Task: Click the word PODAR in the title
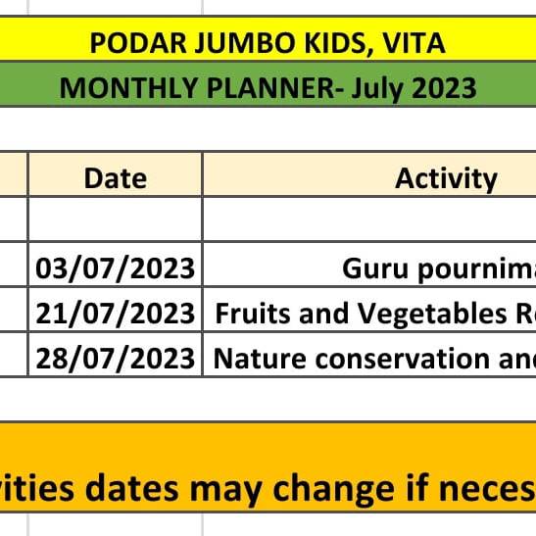click(138, 43)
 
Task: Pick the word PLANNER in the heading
click(270, 88)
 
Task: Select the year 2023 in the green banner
click(443, 88)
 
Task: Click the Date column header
click(116, 178)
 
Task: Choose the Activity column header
click(446, 179)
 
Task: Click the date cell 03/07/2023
click(116, 268)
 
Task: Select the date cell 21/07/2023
click(116, 314)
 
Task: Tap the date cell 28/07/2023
click(116, 359)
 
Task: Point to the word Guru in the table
click(375, 268)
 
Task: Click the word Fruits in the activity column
click(255, 314)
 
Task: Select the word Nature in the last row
click(260, 359)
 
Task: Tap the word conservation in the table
click(403, 359)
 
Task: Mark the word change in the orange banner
click(333, 491)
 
